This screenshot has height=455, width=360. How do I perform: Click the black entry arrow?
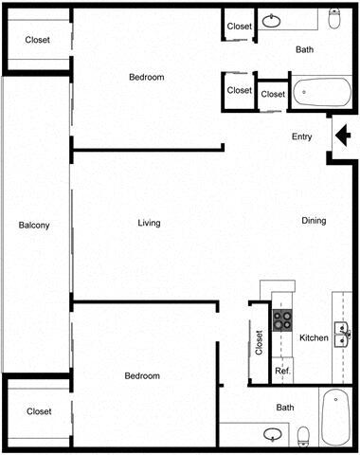click(x=343, y=138)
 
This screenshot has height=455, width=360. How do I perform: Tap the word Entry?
click(x=301, y=137)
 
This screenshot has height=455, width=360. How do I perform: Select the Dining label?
click(x=314, y=221)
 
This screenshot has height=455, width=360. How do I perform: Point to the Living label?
click(x=149, y=224)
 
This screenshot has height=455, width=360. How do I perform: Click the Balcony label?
click(x=34, y=225)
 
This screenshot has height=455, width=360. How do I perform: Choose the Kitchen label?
click(x=314, y=338)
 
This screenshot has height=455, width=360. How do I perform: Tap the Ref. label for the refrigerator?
click(x=282, y=371)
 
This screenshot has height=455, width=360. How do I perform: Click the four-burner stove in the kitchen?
click(x=282, y=319)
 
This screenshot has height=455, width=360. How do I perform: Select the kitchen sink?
click(x=342, y=332)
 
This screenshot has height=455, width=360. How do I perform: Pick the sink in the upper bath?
click(x=273, y=20)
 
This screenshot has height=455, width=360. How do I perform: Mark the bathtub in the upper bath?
click(x=319, y=93)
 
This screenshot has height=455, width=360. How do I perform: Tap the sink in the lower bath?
click(x=273, y=435)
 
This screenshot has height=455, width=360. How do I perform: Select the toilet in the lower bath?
click(x=303, y=435)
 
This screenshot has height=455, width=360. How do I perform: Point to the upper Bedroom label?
click(x=147, y=78)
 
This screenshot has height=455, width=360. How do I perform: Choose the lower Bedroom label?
click(x=142, y=376)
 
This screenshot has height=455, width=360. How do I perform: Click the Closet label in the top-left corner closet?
click(x=38, y=41)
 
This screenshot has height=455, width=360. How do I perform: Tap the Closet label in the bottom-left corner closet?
click(x=39, y=411)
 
